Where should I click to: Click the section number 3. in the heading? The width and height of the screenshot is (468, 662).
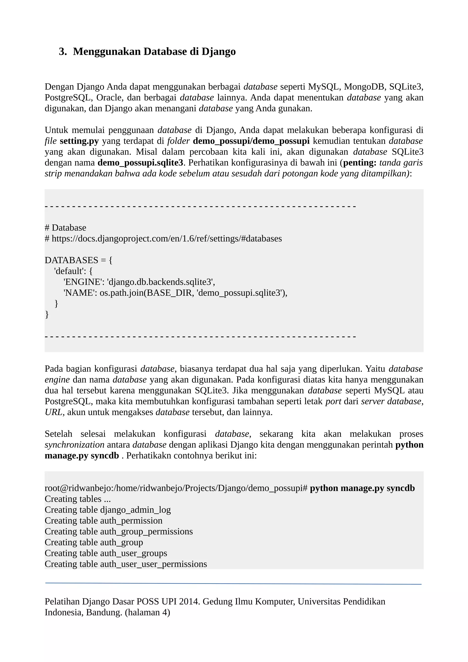[x=63, y=52]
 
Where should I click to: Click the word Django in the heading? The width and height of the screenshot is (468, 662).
[x=218, y=52]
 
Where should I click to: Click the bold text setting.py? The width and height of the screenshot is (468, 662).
[x=79, y=141]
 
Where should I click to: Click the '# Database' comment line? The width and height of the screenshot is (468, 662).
[x=65, y=228]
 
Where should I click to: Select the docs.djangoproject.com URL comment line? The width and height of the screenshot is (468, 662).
[x=163, y=239]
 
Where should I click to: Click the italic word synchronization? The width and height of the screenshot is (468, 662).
[x=74, y=445]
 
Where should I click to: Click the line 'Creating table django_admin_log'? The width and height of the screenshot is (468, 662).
[x=108, y=510]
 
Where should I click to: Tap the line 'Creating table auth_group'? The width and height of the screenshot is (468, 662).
[x=94, y=542]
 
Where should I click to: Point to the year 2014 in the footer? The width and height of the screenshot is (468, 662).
[x=189, y=601]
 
